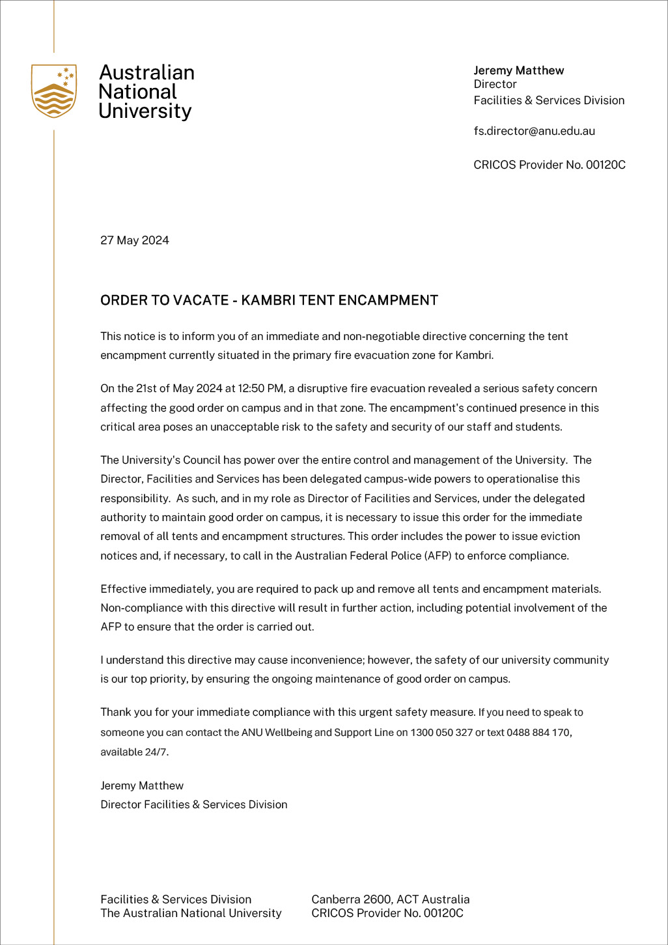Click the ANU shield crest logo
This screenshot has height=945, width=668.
pos(54,91)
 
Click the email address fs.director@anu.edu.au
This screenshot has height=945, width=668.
pos(534,131)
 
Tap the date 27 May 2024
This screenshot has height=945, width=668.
pos(135,240)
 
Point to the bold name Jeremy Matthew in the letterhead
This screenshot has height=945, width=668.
pos(518,70)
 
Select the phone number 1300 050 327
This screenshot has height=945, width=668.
pos(441,733)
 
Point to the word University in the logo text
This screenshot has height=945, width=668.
pos(145,111)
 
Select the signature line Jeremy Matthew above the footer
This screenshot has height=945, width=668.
pos(142,786)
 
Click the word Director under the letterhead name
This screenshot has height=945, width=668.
pos(495,85)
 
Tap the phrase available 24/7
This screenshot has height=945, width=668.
pos(133,752)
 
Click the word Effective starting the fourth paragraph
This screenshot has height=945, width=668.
pos(124,589)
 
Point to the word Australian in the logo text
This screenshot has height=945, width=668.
pos(146,72)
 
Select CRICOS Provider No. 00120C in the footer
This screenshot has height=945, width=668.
pos(387,913)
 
